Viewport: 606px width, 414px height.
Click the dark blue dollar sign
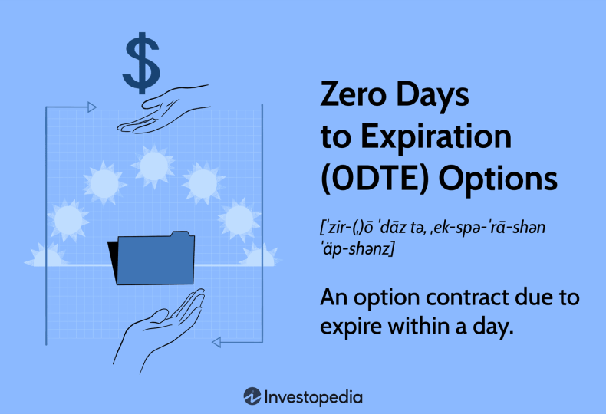[x=141, y=63]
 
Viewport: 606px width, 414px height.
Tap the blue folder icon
[x=156, y=258]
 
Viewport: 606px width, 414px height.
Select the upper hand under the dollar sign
[x=164, y=110]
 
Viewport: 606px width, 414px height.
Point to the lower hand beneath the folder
[x=159, y=331]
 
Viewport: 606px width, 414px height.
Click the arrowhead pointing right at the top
[x=92, y=107]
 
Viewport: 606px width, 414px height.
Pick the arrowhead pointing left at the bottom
[x=216, y=342]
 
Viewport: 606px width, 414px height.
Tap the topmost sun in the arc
[x=153, y=166]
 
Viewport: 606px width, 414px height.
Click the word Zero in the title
[x=353, y=94]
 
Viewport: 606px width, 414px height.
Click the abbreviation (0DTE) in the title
[x=375, y=179]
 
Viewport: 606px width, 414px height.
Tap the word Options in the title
[x=498, y=180]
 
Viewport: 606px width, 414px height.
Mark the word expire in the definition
[x=351, y=327]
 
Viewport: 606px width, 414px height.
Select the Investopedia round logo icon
[x=252, y=396]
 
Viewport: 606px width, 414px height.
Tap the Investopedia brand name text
[x=314, y=397]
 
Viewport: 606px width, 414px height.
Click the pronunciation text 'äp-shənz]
[x=357, y=249]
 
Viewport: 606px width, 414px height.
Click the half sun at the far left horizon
[x=45, y=255]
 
